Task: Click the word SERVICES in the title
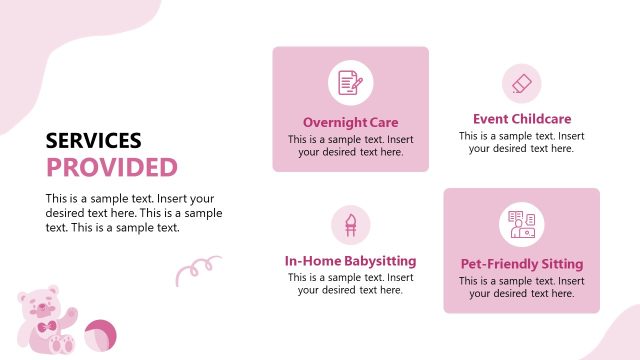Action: [x=94, y=141]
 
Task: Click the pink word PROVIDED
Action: [x=112, y=167]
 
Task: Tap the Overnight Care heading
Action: [x=350, y=123]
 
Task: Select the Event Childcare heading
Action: [x=521, y=118]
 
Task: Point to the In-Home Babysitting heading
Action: [x=350, y=261]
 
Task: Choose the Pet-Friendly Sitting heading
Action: [x=521, y=265]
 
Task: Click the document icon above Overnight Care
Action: [x=350, y=83]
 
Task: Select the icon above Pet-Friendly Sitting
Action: [x=521, y=224]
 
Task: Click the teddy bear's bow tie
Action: [x=47, y=328]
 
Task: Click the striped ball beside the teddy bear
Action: [x=98, y=336]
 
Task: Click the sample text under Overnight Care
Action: [x=350, y=146]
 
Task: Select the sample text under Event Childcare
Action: [x=521, y=142]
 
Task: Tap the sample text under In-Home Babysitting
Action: [x=350, y=284]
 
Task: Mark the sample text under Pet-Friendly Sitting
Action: [x=521, y=288]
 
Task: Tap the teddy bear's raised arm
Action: [x=70, y=316]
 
